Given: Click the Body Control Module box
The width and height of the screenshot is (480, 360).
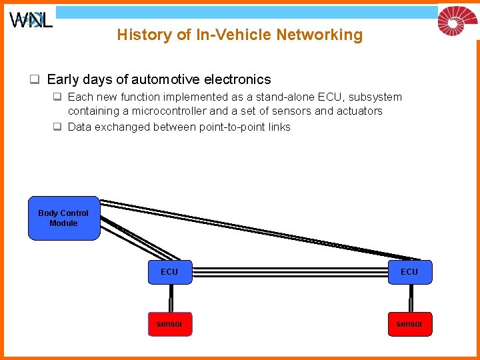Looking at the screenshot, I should pos(63,218).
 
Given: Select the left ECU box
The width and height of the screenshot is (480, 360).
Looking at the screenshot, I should pos(169,272).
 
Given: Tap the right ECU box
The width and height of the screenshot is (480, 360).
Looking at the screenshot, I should pos(409,272).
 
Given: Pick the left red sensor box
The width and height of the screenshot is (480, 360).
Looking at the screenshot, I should pos(169,324).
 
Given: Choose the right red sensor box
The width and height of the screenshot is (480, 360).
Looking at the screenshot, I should pos(409,324).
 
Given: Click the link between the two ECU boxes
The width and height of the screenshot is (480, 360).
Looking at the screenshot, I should pos(289,272).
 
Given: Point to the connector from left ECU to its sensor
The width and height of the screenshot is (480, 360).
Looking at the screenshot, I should pos(170,298).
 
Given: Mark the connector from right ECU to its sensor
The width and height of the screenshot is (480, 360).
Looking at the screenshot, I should pos(410,298).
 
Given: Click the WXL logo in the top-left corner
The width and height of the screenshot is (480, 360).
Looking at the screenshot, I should pos(31,20).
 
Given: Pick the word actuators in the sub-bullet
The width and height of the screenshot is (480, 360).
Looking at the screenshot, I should pos(360,111).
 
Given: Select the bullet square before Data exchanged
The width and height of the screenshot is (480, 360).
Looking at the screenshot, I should pos(58,127).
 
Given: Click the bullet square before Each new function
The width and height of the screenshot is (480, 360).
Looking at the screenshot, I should pos(58,97).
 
